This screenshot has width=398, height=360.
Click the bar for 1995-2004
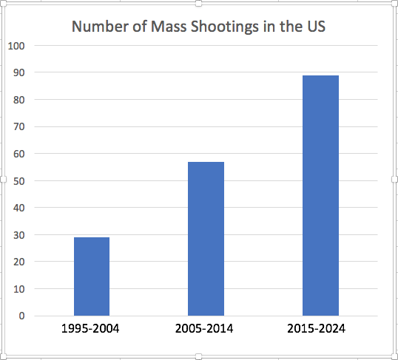pyautogui.click(x=92, y=276)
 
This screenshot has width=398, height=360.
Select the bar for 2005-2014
pyautogui.click(x=206, y=239)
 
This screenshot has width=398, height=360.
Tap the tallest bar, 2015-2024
pyautogui.click(x=320, y=195)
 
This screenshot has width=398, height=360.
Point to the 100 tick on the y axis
pyautogui.click(x=16, y=46)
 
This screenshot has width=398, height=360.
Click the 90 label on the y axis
pyautogui.click(x=19, y=72)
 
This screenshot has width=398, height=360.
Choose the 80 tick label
pyautogui.click(x=19, y=100)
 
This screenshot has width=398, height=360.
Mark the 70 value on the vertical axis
pyautogui.click(x=19, y=126)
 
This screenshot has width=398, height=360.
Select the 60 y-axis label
pyautogui.click(x=19, y=154)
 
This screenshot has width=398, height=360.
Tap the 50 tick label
pyautogui.click(x=19, y=181)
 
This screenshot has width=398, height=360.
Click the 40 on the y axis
pyautogui.click(x=19, y=208)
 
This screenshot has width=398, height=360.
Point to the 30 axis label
pyautogui.click(x=19, y=235)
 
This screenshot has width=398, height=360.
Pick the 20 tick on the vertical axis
pyautogui.click(x=19, y=262)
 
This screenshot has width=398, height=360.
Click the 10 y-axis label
pyautogui.click(x=19, y=289)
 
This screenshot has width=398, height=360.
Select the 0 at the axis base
pyautogui.click(x=22, y=316)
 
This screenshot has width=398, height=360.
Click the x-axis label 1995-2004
pyautogui.click(x=90, y=328)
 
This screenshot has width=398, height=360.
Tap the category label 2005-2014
pyautogui.click(x=204, y=328)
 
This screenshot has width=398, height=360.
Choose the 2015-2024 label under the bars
pyautogui.click(x=317, y=328)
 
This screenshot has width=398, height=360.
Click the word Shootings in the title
pyautogui.click(x=225, y=27)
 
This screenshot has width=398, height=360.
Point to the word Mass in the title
pyautogui.click(x=169, y=26)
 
